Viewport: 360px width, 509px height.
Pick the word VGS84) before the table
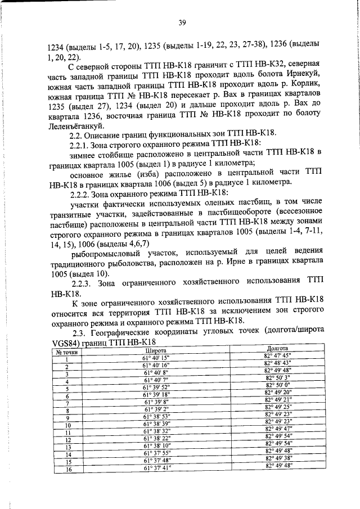pos(64,343)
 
